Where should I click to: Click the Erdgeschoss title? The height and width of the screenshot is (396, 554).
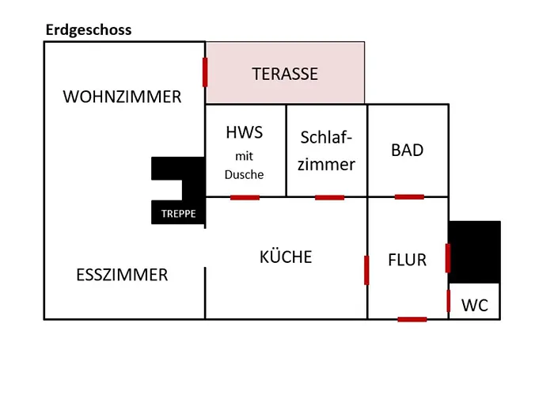tap(88, 30)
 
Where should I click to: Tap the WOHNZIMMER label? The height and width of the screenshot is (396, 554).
tap(122, 97)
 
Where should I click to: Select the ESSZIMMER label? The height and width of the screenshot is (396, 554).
tap(122, 276)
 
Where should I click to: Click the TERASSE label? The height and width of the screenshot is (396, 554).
tap(285, 74)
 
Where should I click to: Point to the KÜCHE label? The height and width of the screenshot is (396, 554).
tap(286, 257)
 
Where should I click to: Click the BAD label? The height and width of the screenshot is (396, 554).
tap(408, 150)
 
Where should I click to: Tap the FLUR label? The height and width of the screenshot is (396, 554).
tap(408, 260)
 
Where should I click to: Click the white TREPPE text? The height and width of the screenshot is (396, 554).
tap(178, 214)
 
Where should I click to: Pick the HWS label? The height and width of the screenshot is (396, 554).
tap(244, 133)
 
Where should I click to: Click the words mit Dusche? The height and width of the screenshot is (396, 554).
tap(244, 166)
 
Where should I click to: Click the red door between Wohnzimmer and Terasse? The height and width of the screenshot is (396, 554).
tap(205, 72)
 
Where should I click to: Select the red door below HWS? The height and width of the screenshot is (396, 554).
tap(245, 197)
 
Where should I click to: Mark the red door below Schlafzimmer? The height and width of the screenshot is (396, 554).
tap(329, 197)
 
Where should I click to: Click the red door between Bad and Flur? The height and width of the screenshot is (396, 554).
tap(409, 196)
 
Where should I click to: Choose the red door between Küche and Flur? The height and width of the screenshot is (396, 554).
tap(367, 269)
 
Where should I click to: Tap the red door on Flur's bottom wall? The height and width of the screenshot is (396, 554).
tap(412, 319)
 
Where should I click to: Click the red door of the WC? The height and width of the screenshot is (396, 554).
tap(449, 301)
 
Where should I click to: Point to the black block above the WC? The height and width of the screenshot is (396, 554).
tap(475, 252)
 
